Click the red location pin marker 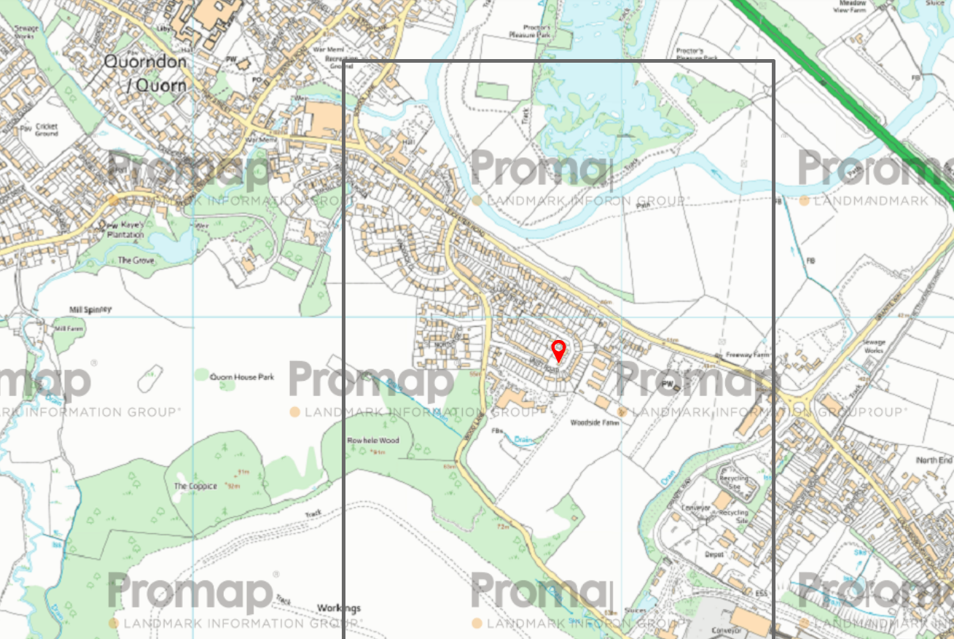[x=558, y=350]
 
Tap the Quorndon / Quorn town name [x=145, y=73]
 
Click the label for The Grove [x=136, y=260]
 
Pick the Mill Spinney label [x=90, y=309]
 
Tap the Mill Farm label [x=70, y=329]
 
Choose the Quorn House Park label [x=242, y=377]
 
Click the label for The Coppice [x=195, y=487]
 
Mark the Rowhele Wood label [x=373, y=441]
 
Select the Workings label [x=339, y=608]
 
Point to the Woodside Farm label [x=594, y=422]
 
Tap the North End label [x=934, y=460]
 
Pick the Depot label [x=713, y=554]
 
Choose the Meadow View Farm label [x=854, y=7]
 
